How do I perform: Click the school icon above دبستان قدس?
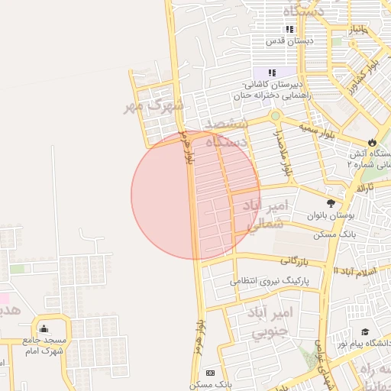click(290, 29)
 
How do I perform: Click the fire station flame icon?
click(372, 142)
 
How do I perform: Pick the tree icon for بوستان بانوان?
click(330, 203)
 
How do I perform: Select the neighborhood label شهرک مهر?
click(153, 106)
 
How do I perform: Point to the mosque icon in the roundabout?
click(44, 328)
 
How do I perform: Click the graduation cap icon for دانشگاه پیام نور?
click(365, 332)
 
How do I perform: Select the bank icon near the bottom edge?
click(210, 372)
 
